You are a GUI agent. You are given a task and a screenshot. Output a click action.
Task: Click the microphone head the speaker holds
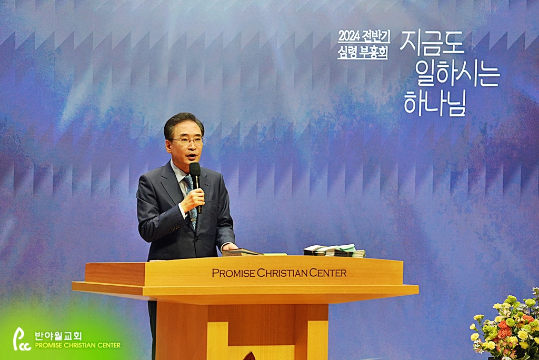click(195, 169)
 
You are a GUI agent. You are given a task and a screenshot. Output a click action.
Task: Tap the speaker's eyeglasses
click(188, 141)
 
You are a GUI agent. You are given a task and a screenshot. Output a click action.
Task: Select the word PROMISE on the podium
click(234, 273)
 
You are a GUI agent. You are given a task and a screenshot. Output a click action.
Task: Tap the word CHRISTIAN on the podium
click(282, 273)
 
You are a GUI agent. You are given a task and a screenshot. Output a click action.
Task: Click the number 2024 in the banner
click(348, 35)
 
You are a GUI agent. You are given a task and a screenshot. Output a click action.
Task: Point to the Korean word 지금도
click(432, 43)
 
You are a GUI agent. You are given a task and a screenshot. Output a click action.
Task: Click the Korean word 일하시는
click(457, 73)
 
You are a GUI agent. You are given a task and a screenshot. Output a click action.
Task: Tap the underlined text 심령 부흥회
click(363, 53)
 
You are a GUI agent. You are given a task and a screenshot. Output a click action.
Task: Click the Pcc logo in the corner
click(21, 339)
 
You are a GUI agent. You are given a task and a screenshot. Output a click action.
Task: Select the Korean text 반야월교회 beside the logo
click(58, 336)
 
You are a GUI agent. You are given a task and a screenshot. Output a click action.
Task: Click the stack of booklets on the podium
click(334, 251)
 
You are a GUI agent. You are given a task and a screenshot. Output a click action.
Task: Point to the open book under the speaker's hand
click(242, 252)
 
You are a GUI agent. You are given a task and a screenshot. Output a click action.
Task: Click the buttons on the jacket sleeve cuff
click(175, 227)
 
